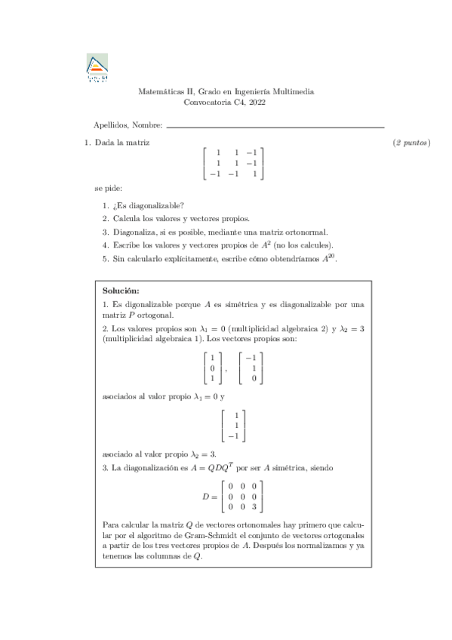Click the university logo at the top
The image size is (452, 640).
(x=97, y=68)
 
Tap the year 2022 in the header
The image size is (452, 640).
(x=256, y=103)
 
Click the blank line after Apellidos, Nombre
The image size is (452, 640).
(x=275, y=125)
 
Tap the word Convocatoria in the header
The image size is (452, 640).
(x=208, y=103)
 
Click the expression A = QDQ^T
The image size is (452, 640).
(x=207, y=468)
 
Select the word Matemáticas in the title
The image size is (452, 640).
(x=160, y=91)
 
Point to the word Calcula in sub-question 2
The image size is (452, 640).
(x=126, y=218)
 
